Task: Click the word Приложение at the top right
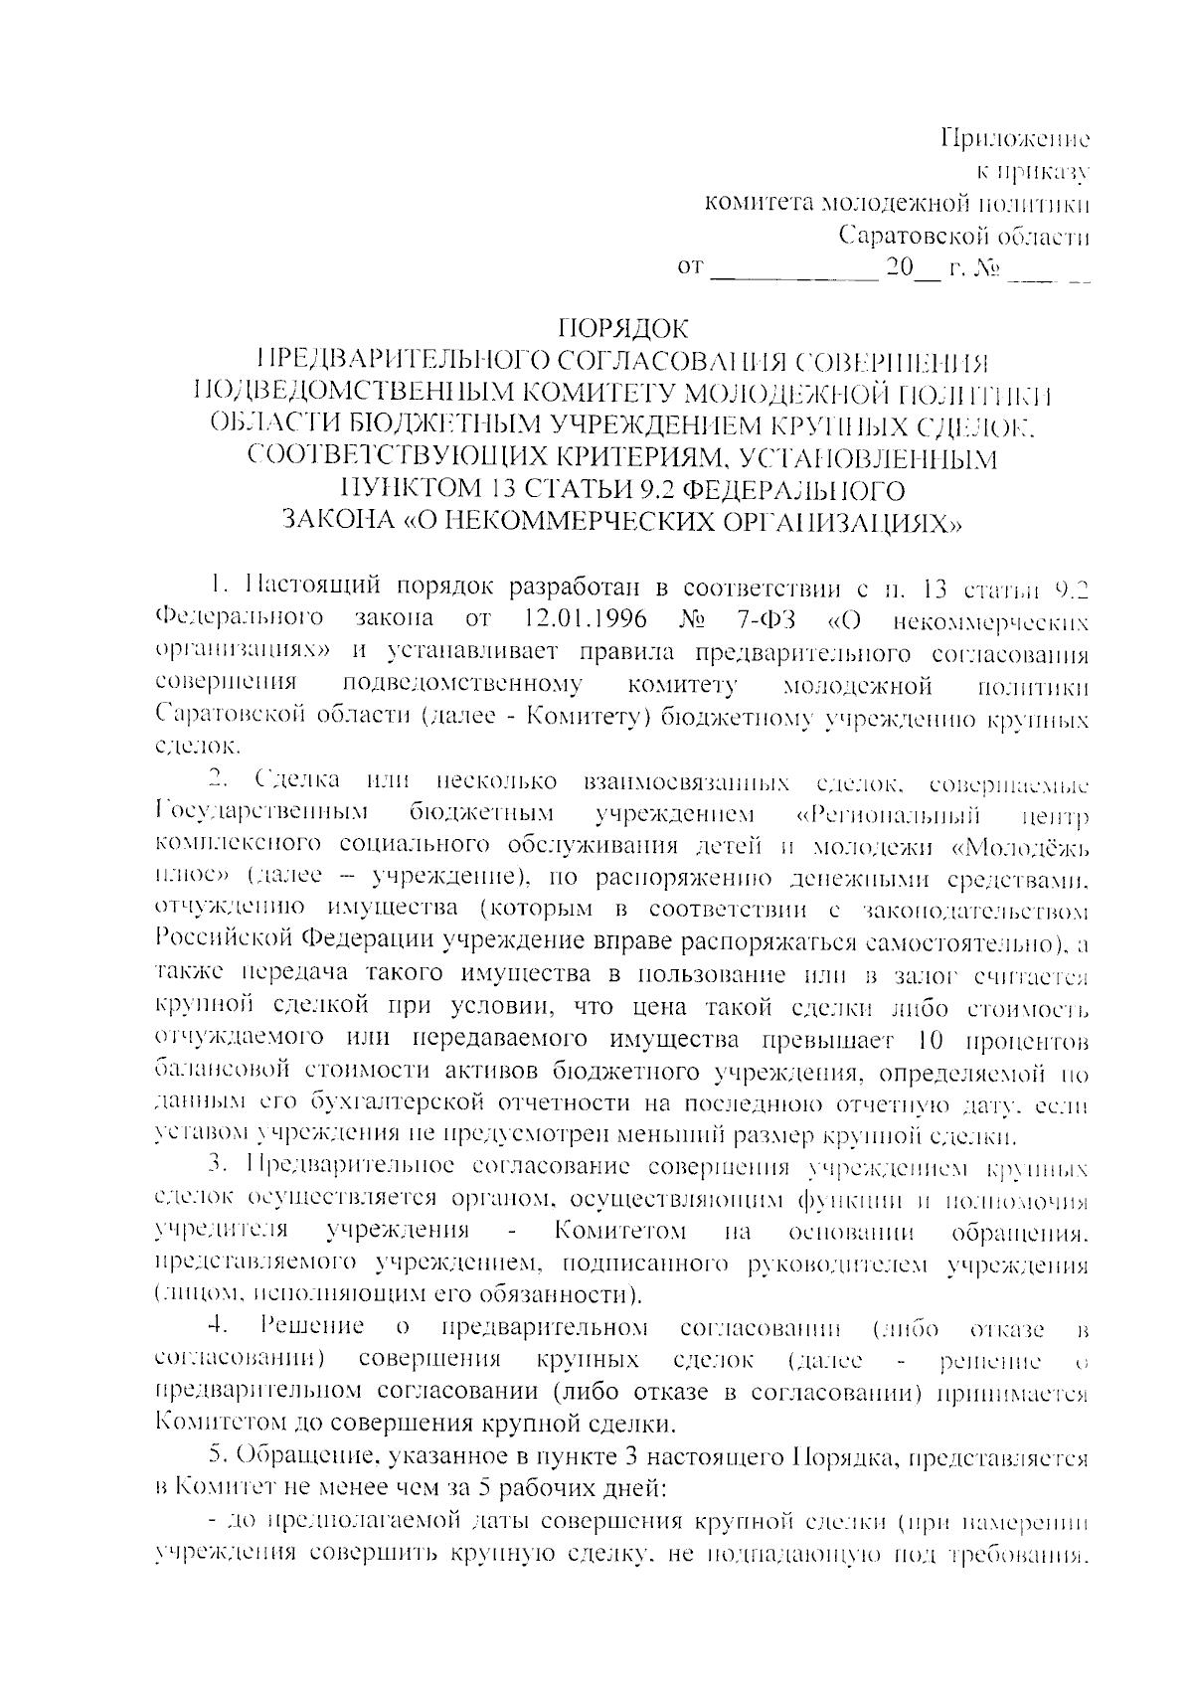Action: click(x=1015, y=137)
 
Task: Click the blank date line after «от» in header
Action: click(x=795, y=268)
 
